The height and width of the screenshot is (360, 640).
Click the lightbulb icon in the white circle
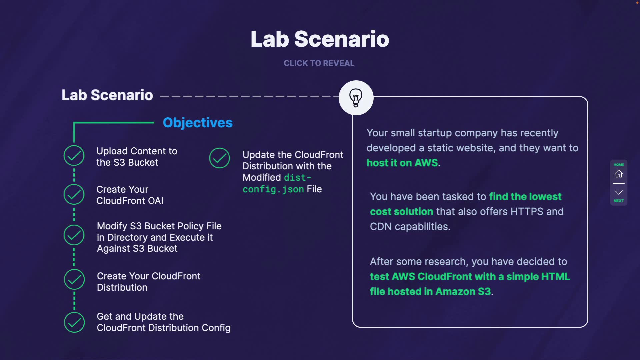pos(356,98)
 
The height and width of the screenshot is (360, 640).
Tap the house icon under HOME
pos(619,174)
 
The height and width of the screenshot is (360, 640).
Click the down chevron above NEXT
pos(619,192)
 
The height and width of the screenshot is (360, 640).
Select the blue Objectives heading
pos(198,123)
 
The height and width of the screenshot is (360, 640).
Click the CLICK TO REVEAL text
pos(319,63)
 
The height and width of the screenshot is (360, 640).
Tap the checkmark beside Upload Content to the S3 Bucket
pos(74,155)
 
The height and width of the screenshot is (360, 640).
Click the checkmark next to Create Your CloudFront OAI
pos(74,194)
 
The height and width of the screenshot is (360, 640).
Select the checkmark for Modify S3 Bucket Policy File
pos(74,235)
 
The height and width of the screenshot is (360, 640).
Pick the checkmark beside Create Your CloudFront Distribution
pos(74,279)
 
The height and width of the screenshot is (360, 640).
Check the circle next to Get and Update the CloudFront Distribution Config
pos(74,322)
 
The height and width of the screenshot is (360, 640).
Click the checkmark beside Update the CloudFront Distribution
pos(219,158)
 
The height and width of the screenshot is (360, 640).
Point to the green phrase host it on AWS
pos(402,163)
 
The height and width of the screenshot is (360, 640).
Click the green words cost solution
pos(402,211)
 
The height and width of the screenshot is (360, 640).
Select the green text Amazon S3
pos(463,291)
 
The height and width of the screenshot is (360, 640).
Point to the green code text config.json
pos(273,189)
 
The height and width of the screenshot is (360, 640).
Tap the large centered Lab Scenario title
pos(320,39)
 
